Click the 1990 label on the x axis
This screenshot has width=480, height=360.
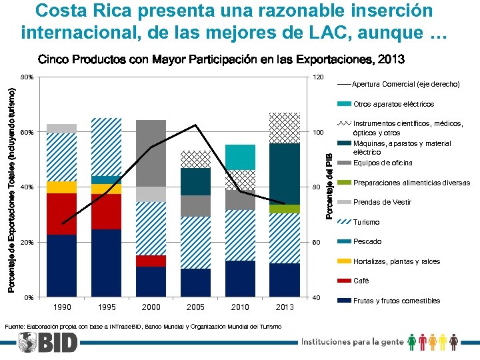61,307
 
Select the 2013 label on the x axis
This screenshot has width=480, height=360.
285,307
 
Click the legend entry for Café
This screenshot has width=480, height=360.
361,281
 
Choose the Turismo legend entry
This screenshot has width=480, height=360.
365,222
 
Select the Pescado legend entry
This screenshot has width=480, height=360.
367,241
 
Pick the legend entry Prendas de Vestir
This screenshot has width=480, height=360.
381,202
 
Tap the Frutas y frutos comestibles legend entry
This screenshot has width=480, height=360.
396,301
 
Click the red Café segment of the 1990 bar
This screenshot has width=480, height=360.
61,214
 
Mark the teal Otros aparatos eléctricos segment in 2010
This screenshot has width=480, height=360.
240,157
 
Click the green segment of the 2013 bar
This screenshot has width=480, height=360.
285,209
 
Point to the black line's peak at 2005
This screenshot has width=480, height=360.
195,125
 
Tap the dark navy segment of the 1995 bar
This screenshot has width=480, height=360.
106,263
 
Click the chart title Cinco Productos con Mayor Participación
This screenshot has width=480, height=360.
220,59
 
